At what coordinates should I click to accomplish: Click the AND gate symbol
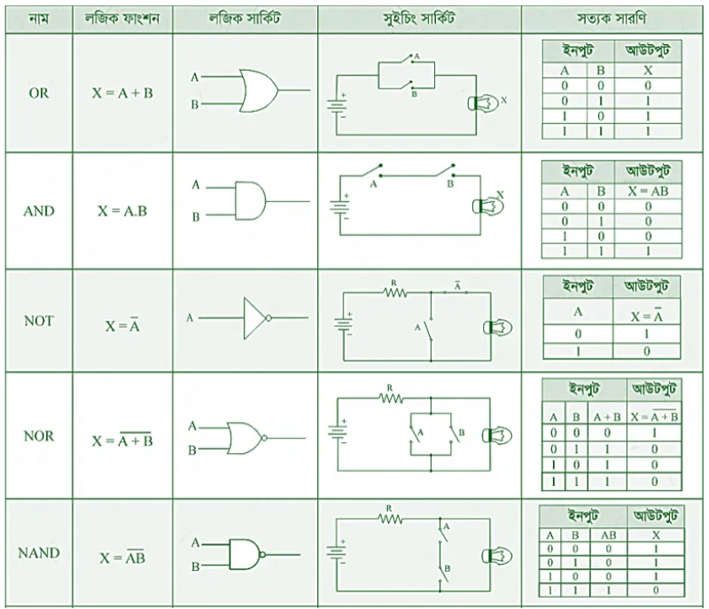point(250,201)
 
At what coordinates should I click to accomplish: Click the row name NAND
point(39,553)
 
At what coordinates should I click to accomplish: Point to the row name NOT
point(39,321)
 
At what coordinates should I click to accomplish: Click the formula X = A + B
point(122,93)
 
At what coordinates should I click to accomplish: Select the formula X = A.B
point(122,211)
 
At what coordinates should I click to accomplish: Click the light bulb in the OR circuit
point(483,104)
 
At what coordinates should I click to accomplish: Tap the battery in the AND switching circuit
point(340,208)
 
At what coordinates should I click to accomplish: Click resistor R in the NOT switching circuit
point(394,293)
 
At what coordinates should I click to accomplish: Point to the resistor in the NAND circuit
point(390,519)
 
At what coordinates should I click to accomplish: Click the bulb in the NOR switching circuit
point(497,436)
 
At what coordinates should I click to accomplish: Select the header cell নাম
point(39,20)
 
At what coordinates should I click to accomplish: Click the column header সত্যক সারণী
point(612,19)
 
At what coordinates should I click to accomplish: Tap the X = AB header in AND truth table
point(648,191)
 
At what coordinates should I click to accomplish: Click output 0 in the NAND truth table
point(656,590)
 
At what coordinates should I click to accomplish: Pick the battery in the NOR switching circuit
point(338,432)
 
